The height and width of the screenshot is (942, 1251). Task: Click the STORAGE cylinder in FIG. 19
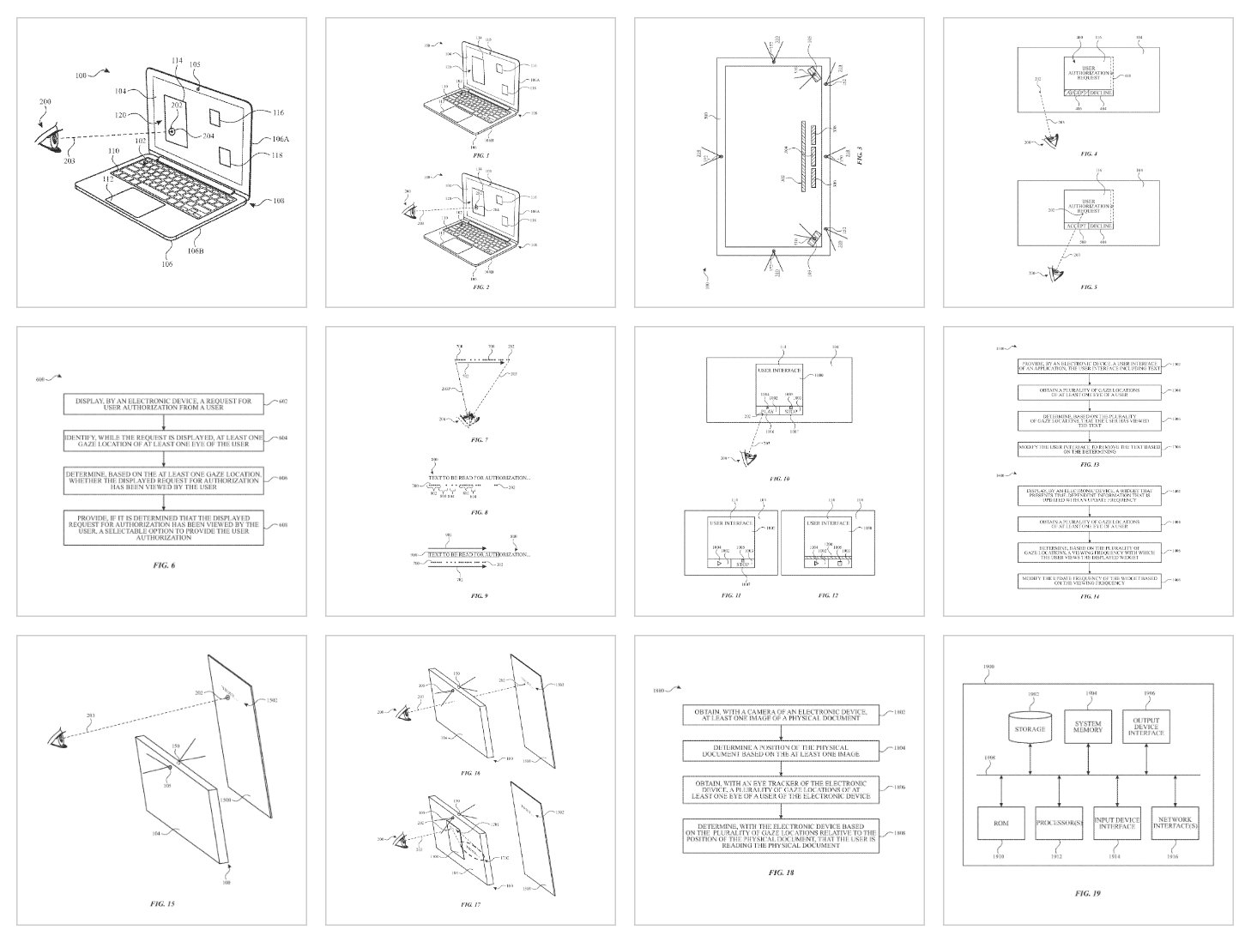(1030, 728)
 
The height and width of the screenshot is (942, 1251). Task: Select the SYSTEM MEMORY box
(1087, 728)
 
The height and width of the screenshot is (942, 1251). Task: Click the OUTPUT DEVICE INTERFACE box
(1146, 728)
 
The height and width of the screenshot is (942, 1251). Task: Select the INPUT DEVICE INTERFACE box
(1117, 823)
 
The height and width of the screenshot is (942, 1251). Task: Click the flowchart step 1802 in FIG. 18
(783, 715)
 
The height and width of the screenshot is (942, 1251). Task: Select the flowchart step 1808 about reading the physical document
(783, 835)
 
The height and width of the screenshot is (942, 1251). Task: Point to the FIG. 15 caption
(162, 903)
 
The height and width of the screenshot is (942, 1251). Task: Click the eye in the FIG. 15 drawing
(58, 737)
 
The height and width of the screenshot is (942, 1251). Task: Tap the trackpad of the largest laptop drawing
(136, 203)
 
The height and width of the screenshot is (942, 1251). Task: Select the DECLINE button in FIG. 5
(1100, 226)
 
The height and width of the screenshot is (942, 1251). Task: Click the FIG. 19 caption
(1088, 893)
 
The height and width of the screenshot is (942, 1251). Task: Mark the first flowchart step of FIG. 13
(1090, 366)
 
